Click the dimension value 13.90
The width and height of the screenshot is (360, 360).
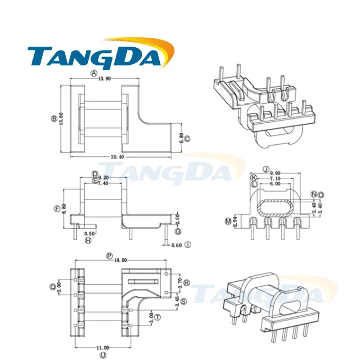pos(104,79)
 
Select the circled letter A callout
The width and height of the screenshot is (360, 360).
pos(94,73)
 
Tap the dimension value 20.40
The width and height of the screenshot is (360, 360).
pos(117,157)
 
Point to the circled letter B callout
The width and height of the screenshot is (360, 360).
pos(54,118)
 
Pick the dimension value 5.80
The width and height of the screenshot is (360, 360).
pos(181,138)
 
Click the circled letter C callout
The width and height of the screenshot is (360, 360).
pos(187,139)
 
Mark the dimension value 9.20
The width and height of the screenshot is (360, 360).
pos(103,177)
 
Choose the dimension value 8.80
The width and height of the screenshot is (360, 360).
pos(64,209)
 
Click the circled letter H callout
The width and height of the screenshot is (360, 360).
pos(88,240)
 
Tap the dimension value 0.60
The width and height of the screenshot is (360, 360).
pos(176,245)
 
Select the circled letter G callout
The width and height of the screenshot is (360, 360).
pos(178,231)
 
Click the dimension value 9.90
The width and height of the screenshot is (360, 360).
pos(275,173)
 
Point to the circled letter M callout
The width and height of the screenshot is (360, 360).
pos(228,221)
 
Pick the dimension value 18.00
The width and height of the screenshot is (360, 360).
pos(121,260)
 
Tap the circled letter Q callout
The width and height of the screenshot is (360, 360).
pos(53,287)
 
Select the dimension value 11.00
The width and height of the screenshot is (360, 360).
pos(103,348)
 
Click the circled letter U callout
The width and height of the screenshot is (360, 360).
pos(103,355)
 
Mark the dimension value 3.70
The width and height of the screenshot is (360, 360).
pos(180,283)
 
